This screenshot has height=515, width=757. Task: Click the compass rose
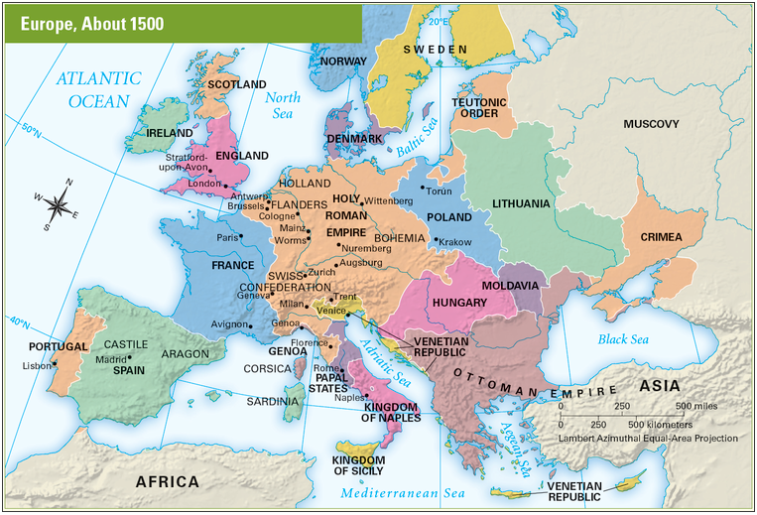58,203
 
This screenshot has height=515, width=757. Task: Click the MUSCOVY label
651,124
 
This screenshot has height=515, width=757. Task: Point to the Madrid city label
111,359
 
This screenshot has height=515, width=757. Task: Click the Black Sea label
622,340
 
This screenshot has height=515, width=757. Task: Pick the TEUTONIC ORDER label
479,107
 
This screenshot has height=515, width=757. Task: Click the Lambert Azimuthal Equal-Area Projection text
648,438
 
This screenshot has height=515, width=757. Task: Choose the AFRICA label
167,481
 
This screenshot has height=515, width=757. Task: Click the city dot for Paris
246,237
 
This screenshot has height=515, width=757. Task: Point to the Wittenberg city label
389,200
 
